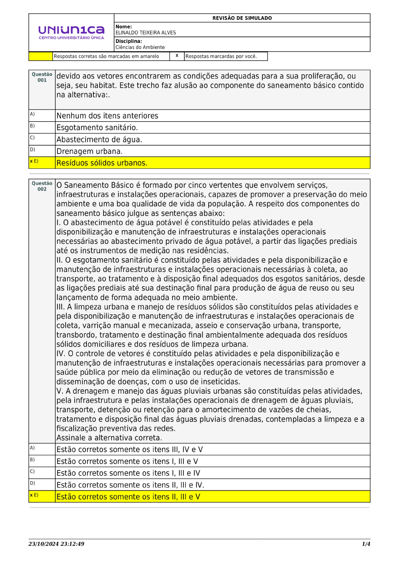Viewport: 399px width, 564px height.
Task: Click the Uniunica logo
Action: tap(71, 32)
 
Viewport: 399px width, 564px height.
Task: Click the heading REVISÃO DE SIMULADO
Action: tap(242, 18)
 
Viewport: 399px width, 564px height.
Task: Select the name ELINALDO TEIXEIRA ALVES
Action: tap(145, 33)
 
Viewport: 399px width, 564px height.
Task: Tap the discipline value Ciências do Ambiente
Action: tap(140, 48)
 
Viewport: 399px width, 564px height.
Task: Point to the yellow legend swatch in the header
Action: tap(41, 56)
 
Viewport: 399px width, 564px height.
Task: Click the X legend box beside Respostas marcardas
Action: tap(177, 56)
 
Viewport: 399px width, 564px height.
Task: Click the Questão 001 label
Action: tap(42, 77)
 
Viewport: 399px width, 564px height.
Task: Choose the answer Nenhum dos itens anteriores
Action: tap(107, 116)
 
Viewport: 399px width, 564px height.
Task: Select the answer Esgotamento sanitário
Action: tap(97, 128)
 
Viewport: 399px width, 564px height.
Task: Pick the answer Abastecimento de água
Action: tap(99, 140)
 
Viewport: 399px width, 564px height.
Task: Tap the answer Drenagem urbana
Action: tap(89, 151)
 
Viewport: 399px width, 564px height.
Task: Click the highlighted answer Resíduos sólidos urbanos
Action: tap(102, 163)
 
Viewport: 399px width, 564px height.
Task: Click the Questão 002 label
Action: tap(42, 186)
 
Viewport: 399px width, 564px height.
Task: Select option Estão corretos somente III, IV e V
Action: tap(129, 449)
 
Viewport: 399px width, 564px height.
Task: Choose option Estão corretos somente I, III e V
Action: tap(127, 462)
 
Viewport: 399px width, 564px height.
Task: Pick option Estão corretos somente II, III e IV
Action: tap(130, 485)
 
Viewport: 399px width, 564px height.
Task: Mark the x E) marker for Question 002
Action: tap(34, 495)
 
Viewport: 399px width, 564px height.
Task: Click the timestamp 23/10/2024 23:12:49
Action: tap(56, 544)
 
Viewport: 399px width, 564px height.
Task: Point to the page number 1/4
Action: tap(366, 544)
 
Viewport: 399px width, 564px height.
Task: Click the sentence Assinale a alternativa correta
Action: tap(109, 438)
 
